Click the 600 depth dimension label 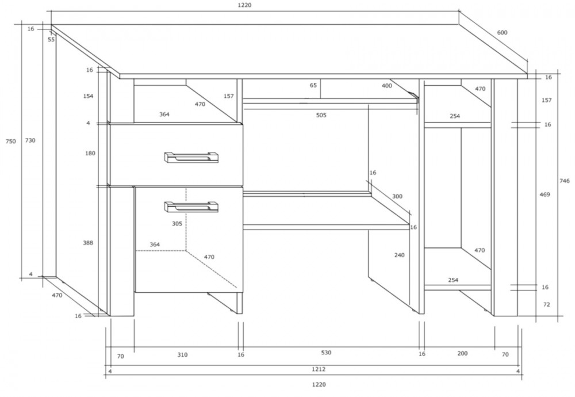[x=502, y=33]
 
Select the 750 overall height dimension [x=10, y=142]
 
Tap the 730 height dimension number [x=30, y=140]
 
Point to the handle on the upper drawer [x=191, y=157]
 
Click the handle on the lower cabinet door [x=191, y=207]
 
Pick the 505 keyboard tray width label [x=321, y=115]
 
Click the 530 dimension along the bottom [x=326, y=353]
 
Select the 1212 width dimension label [x=319, y=369]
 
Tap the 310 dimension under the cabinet [x=182, y=355]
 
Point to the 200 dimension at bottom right [x=462, y=353]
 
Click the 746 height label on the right [x=565, y=181]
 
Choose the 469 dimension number [x=545, y=194]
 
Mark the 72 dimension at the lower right [x=546, y=304]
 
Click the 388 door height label [x=88, y=243]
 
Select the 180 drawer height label [x=90, y=154]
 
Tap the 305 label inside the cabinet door [x=177, y=223]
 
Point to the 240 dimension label [x=400, y=255]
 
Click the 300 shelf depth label [x=397, y=196]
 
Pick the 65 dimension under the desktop [x=313, y=86]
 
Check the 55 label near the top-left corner [x=51, y=40]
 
